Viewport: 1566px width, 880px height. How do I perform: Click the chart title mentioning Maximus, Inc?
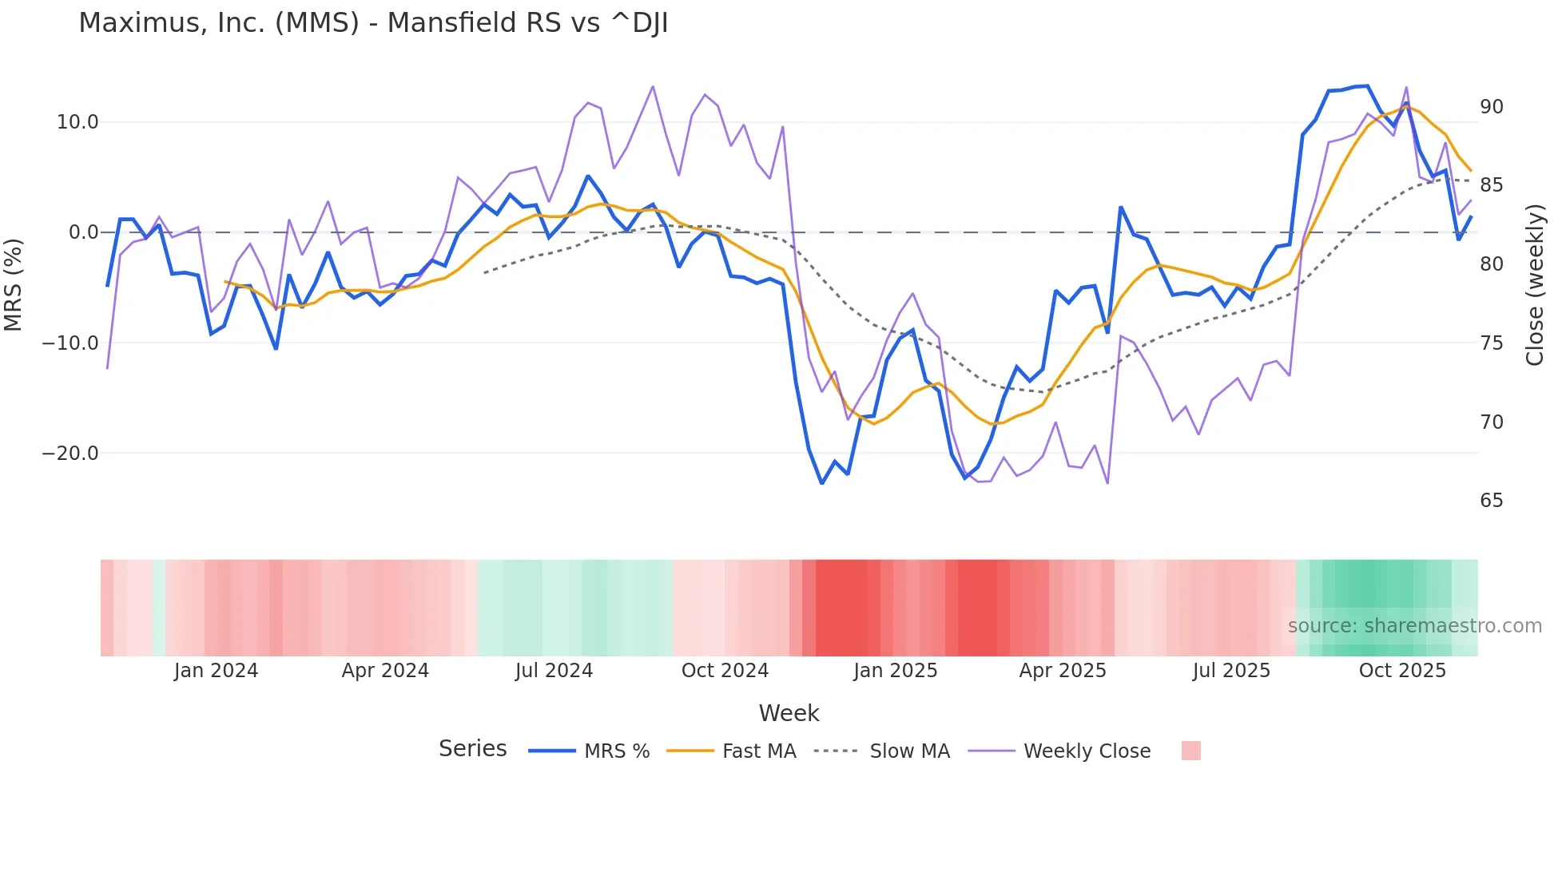pos(372,23)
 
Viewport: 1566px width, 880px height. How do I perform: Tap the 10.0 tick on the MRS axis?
pos(77,122)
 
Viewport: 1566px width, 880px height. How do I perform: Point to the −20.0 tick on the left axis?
pos(70,454)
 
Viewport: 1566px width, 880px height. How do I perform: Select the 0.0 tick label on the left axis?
pos(83,232)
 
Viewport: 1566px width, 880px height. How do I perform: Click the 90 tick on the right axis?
pos(1491,107)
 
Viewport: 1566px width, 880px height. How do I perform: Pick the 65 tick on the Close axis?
pos(1491,501)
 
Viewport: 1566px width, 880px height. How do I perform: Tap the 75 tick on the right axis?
pos(1491,343)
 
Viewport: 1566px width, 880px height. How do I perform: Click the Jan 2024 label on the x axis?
pos(216,671)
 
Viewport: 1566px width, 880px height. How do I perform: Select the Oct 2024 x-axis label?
pos(725,671)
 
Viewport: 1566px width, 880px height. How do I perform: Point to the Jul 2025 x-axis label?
pos(1231,671)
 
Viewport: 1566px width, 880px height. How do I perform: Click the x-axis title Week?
pos(789,713)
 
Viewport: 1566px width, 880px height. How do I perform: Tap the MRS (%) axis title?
pos(14,285)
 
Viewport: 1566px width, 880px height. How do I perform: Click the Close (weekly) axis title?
pos(1534,285)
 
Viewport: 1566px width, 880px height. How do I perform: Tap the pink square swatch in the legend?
pos(1190,751)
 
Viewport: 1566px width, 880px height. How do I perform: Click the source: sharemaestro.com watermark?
pos(1414,626)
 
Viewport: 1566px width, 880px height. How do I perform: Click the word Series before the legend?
pos(472,749)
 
